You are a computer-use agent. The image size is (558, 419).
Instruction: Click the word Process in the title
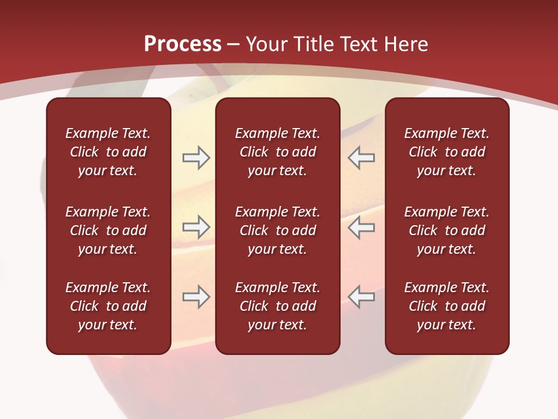(x=183, y=44)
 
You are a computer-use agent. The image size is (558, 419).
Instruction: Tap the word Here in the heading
(x=407, y=44)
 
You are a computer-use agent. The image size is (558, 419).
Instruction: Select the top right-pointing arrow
(x=196, y=158)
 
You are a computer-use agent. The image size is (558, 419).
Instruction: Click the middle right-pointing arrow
(x=196, y=227)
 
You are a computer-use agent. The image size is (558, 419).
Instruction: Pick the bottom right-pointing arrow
(x=196, y=297)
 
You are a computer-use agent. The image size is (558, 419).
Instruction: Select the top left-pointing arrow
(x=361, y=158)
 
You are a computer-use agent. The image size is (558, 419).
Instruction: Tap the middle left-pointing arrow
(x=361, y=227)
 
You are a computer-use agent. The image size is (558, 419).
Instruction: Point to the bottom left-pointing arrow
(x=361, y=297)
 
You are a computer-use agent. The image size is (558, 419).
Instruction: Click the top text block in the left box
(x=108, y=152)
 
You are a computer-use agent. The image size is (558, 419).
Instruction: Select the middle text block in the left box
(x=108, y=230)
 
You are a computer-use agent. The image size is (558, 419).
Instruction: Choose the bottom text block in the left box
(x=108, y=306)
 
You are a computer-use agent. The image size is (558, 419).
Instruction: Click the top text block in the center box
(x=277, y=152)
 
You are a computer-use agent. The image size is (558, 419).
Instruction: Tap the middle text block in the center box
(x=277, y=230)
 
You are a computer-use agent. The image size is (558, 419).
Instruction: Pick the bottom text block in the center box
(x=277, y=306)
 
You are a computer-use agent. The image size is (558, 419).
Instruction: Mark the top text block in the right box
(x=446, y=152)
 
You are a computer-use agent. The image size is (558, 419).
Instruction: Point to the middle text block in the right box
(x=446, y=230)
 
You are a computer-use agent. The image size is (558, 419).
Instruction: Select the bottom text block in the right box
(x=446, y=306)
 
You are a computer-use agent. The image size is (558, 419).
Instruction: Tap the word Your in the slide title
(x=267, y=44)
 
